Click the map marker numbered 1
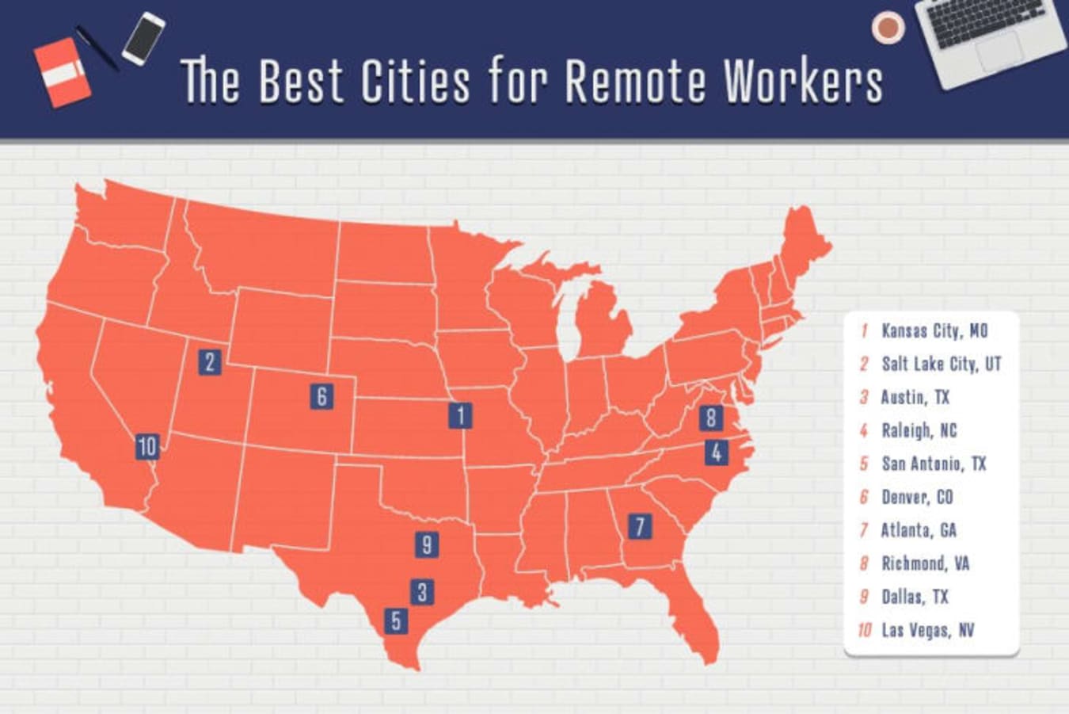[x=460, y=414]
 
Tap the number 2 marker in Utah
[x=210, y=362]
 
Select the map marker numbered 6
[x=321, y=396]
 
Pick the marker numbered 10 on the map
[x=147, y=447]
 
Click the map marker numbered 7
[x=639, y=525]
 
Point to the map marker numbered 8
[x=711, y=418]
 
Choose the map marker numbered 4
[x=717, y=452]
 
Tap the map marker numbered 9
[x=427, y=544]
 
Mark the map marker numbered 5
[x=396, y=620]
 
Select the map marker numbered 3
[x=422, y=591]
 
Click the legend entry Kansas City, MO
[x=934, y=330]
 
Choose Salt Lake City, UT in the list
[x=941, y=364]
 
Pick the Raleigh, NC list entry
[x=919, y=430]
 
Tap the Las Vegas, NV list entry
[x=927, y=630]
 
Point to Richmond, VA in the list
[x=925, y=563]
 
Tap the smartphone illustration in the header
[x=143, y=37]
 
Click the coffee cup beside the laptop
[x=888, y=27]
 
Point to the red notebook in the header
[x=62, y=73]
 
